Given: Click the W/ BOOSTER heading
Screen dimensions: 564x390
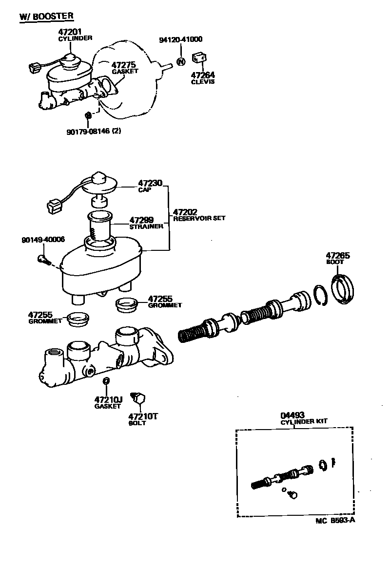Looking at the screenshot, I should (x=46, y=16).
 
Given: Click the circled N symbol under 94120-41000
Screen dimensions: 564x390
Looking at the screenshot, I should (x=180, y=62).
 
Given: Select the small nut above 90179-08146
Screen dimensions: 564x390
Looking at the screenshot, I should (x=88, y=115).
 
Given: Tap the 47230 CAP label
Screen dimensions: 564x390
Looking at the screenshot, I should (x=145, y=187).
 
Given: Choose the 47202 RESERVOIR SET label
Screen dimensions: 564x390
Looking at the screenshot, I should (x=198, y=215).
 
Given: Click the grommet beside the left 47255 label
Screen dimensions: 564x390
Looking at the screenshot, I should (x=78, y=319).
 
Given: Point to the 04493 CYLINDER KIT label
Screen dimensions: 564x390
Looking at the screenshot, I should (x=303, y=418).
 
